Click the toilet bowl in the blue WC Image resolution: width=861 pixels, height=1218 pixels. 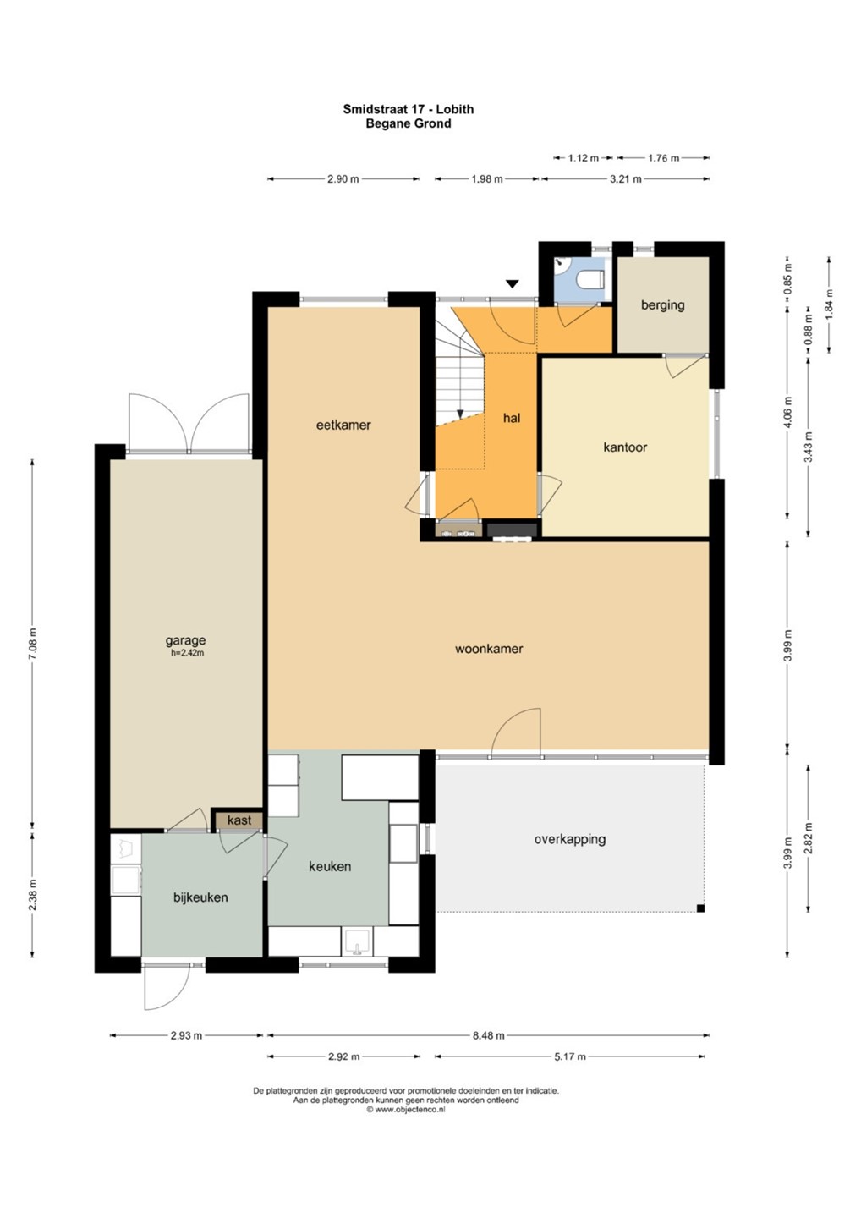coord(591,279)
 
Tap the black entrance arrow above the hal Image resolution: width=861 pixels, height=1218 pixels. coord(512,283)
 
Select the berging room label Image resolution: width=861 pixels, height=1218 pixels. coord(662,304)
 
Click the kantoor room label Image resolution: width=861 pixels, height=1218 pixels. coord(625,447)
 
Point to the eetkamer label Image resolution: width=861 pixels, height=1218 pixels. coord(343,425)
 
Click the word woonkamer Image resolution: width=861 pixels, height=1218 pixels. coord(489,648)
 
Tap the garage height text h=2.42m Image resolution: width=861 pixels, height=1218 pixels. coord(187,653)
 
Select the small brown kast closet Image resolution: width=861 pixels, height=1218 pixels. coord(239,820)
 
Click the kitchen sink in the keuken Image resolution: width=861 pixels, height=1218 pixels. coord(357,941)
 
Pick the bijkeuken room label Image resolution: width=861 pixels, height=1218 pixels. coord(200,897)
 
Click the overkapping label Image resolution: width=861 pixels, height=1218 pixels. coord(570,839)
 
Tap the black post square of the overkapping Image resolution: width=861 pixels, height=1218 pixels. coord(700,908)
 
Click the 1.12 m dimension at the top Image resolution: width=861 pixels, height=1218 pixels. coord(583,158)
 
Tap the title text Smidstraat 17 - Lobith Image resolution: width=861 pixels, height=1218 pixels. coord(409,109)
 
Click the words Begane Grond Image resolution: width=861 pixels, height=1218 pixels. coord(409,123)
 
